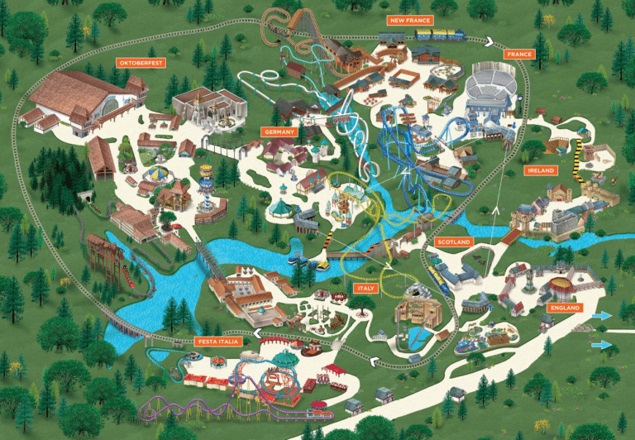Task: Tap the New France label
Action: tap(410, 19)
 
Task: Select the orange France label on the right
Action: tap(519, 54)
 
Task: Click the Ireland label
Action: tap(541, 170)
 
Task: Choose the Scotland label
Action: tap(453, 242)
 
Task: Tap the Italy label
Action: tap(365, 288)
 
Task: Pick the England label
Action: tap(565, 308)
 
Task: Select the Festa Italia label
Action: tap(218, 341)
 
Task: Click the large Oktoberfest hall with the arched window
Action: tap(79, 99)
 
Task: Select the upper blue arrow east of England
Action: tap(602, 315)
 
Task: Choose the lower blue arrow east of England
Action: tap(602, 344)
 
